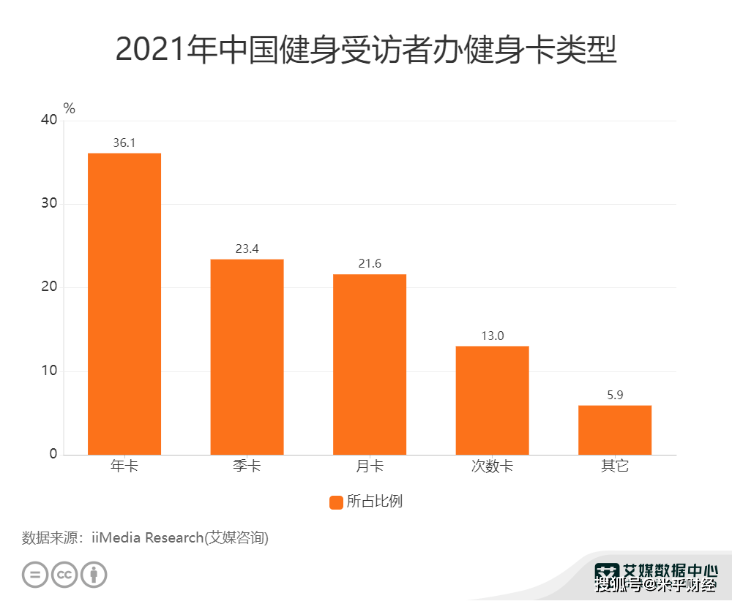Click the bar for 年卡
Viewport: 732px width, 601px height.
[124, 303]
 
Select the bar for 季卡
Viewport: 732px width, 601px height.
[247, 357]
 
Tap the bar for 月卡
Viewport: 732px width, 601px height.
[370, 364]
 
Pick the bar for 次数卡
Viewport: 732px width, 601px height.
[492, 400]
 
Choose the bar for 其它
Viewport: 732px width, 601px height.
[615, 430]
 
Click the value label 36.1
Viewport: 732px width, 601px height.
[124, 143]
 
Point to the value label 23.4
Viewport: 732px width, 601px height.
[247, 249]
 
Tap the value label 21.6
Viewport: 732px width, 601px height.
[370, 263]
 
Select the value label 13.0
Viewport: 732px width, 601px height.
[492, 336]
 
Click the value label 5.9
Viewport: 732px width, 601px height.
[615, 395]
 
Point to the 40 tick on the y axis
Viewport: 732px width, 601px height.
[49, 120]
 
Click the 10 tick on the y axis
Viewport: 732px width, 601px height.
[49, 371]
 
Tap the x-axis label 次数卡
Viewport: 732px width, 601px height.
[492, 466]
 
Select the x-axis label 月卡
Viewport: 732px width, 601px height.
[370, 466]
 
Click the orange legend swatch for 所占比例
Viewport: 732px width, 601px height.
[336, 502]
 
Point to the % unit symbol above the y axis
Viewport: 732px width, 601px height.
[70, 108]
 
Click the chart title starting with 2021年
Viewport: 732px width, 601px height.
[366, 51]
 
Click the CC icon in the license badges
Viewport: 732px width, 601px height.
[64, 574]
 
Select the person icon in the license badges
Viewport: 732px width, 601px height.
[94, 574]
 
